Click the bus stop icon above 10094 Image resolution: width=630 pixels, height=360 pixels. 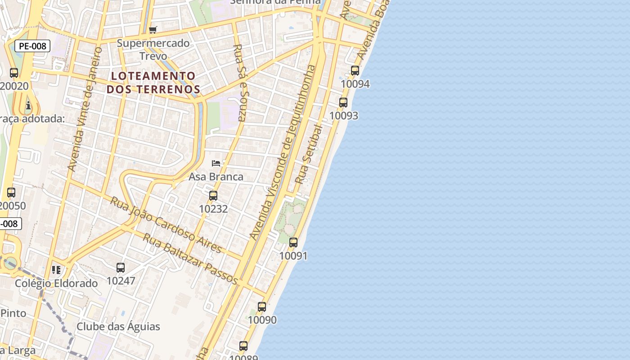355,71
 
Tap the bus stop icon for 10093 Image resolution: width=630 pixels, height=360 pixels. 343,103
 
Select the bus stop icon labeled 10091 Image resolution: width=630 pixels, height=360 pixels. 293,243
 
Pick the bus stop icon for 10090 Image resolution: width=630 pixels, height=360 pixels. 262,307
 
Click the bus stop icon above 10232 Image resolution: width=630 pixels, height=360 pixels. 213,196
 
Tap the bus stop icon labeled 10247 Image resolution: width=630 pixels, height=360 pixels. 121,268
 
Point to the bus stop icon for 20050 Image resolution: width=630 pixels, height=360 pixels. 11,193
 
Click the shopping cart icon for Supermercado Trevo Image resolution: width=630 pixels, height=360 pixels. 153,30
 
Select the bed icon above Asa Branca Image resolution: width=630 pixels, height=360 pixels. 216,163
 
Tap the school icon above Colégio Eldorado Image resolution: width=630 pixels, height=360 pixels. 56,270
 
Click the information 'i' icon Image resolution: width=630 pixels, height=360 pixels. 28,106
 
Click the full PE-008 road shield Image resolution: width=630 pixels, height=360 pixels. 32,46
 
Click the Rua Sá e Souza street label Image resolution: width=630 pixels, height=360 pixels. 239,83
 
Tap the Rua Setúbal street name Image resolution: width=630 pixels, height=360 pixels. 309,154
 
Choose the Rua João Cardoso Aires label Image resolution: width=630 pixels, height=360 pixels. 166,225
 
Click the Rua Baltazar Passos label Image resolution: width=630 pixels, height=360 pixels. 190,258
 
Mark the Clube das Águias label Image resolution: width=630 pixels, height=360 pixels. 118,326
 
